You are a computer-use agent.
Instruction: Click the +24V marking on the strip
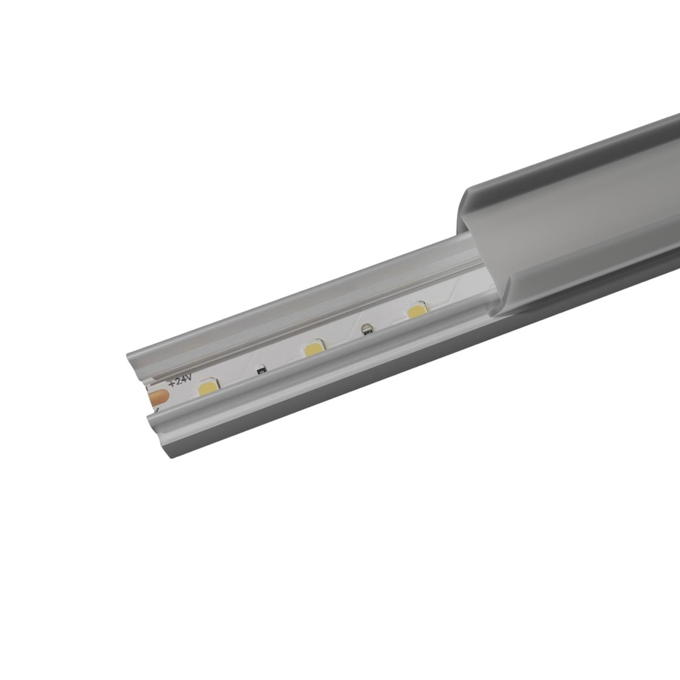(x=180, y=380)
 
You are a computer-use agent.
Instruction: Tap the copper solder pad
(x=158, y=398)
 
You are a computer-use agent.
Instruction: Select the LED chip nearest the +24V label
(x=209, y=387)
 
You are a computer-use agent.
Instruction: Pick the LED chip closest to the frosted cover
(x=417, y=309)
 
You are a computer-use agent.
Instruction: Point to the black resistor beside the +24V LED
(x=261, y=367)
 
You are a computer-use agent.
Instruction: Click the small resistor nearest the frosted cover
(x=365, y=327)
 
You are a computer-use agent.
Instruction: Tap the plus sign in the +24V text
(x=172, y=383)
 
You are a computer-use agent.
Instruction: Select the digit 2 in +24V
(x=177, y=381)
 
